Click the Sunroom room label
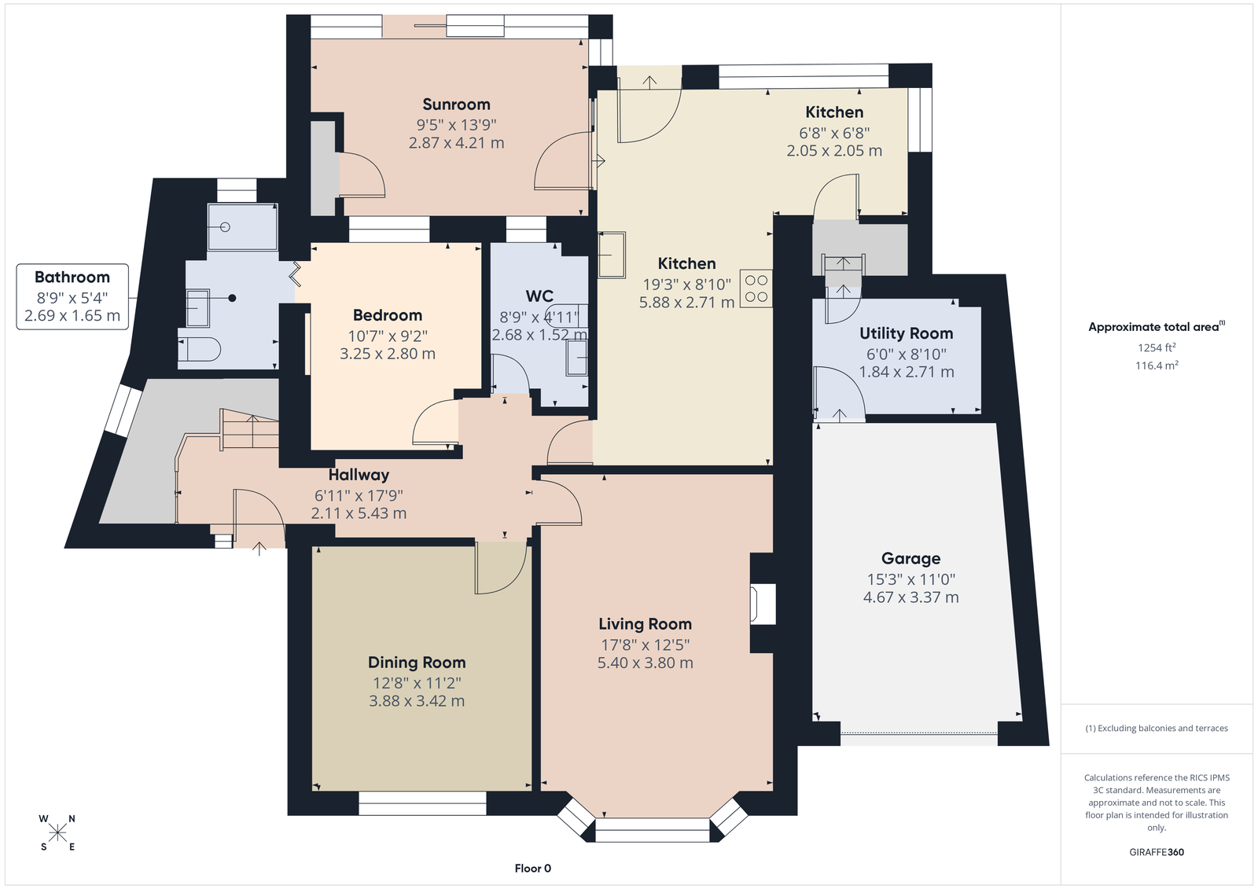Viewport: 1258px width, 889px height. pos(456,105)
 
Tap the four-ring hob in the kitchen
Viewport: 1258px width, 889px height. pos(756,288)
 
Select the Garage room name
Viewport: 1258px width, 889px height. pos(910,558)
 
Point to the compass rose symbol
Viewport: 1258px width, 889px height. pos(57,832)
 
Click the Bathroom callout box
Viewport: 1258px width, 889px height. pos(72,296)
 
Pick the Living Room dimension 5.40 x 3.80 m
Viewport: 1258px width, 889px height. pos(645,663)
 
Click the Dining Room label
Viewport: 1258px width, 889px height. pos(417,663)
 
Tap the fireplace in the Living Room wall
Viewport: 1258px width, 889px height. pos(763,604)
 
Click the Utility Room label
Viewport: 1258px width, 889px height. pos(906,333)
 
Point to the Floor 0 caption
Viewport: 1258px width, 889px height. pos(532,869)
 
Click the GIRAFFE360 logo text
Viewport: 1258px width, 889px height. pos(1157,852)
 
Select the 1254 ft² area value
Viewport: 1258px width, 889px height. pos(1157,347)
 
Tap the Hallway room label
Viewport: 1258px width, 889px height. pos(359,475)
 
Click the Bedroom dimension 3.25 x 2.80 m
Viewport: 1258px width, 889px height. pos(388,354)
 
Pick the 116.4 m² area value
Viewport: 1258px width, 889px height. pos(1157,366)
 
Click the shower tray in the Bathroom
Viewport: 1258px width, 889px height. pos(242,227)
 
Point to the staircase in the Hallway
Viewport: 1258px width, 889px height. pos(249,430)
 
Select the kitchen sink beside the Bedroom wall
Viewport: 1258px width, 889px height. pos(612,255)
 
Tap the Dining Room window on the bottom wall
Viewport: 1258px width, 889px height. pos(422,803)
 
